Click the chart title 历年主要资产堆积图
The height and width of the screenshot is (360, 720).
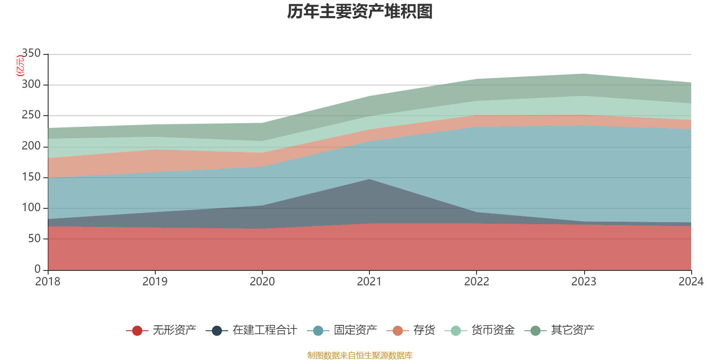click(360, 12)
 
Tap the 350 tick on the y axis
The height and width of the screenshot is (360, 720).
click(31, 54)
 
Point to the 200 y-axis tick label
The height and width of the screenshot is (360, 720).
click(31, 146)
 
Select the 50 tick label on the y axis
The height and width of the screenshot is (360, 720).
click(34, 238)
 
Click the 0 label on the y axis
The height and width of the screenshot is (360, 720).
click(37, 269)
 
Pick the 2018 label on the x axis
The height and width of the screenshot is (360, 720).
click(48, 282)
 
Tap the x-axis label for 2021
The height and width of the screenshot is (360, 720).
click(369, 282)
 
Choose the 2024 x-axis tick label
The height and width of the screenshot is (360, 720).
click(691, 282)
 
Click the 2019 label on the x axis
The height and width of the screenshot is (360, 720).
click(155, 282)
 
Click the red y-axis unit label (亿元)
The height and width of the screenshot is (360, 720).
click(20, 66)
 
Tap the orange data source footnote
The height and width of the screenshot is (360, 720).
click(360, 355)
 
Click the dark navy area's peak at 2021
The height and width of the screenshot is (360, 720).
click(369, 180)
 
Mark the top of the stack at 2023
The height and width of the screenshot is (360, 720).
click(584, 73)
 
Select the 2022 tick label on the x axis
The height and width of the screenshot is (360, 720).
click(477, 282)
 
